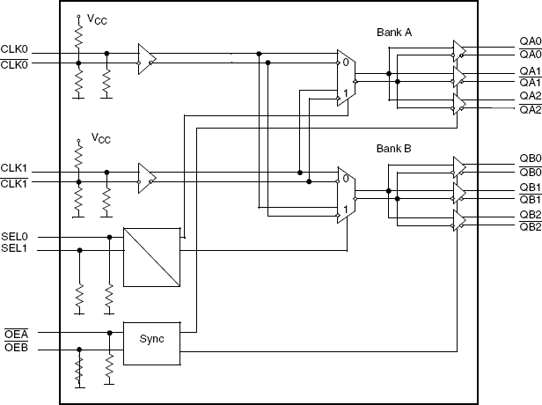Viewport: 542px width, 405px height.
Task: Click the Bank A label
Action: (394, 33)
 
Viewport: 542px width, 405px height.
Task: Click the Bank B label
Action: (394, 149)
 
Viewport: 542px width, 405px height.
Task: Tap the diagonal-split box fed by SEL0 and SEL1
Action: (151, 256)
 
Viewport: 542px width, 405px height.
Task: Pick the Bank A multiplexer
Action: (344, 77)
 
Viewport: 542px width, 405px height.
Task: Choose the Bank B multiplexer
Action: (344, 194)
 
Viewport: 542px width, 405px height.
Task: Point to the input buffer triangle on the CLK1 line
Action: (147, 178)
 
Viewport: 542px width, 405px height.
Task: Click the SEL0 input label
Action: (15, 237)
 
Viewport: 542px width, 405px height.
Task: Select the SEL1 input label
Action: (15, 249)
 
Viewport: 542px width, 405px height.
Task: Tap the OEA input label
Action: (15, 333)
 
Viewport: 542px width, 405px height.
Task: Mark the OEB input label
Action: (15, 349)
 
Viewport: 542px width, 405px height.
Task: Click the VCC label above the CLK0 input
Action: (100, 18)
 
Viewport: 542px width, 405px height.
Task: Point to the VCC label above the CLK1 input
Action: (100, 138)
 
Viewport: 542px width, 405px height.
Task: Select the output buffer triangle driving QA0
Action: (458, 49)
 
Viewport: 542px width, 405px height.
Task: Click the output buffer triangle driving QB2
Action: (458, 220)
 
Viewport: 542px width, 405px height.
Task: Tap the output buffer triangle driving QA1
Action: (458, 77)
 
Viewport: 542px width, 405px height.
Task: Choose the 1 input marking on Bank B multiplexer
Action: (346, 210)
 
